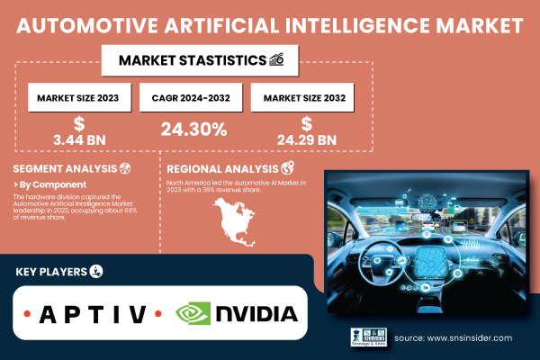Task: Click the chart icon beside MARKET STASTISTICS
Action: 278,61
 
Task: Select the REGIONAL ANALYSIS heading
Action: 215,168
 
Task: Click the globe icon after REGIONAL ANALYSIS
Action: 288,168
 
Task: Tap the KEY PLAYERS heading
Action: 51,271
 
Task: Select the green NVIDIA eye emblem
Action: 193,314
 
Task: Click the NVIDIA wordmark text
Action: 256,314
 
